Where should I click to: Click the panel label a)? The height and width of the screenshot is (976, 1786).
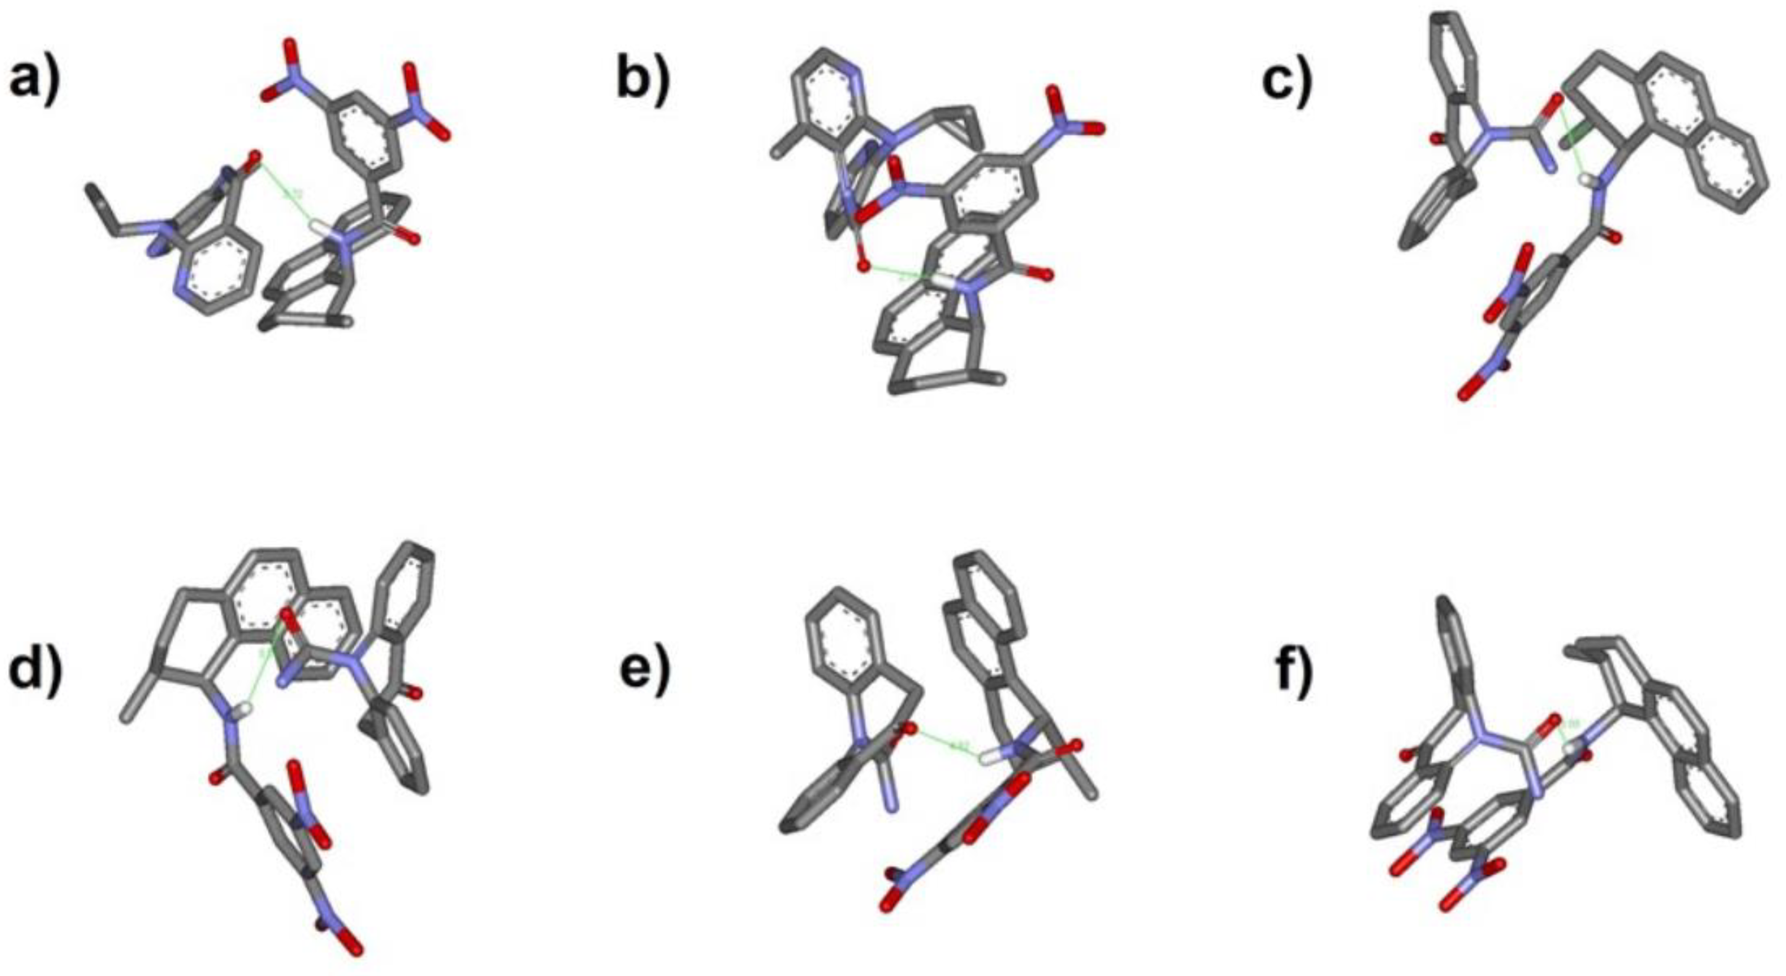coord(35,80)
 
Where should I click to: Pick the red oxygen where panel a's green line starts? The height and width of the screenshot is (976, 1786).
coord(255,155)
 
